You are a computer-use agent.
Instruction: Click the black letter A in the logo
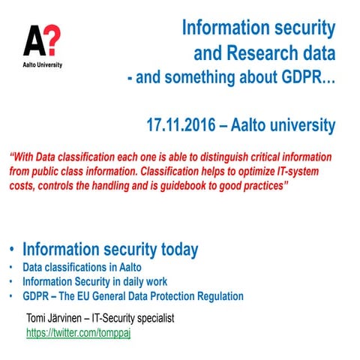(33, 40)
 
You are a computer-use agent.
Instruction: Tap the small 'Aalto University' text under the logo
(41, 64)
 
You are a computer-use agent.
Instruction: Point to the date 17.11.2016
(184, 124)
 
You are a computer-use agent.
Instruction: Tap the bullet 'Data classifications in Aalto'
(82, 268)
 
